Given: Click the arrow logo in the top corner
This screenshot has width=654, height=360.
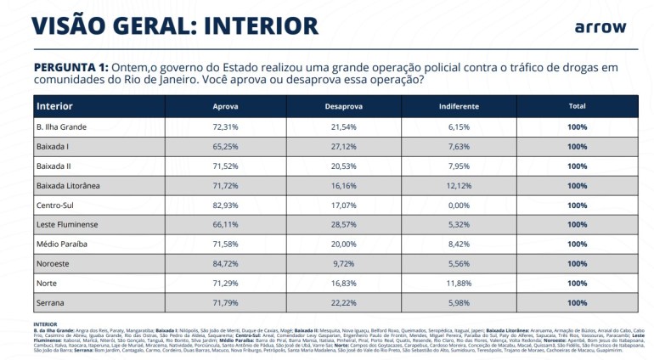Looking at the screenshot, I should (600, 27).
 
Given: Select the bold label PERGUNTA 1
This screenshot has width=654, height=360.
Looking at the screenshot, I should (71, 67).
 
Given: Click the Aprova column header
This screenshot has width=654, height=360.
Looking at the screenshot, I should (225, 107).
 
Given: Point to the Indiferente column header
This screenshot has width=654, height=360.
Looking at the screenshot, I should (459, 107).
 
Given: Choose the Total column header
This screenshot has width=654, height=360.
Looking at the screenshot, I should (577, 107).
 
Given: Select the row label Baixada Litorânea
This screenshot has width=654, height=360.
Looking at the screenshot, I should (68, 185).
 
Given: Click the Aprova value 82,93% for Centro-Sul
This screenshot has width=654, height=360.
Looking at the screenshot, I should (225, 205).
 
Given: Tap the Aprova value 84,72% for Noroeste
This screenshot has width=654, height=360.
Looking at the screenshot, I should (225, 263).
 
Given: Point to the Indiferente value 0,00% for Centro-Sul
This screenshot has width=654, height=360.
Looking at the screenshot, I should (459, 205).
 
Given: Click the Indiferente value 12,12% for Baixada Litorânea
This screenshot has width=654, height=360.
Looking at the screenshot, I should (459, 185).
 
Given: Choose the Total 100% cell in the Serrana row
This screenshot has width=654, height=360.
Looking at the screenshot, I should (577, 302).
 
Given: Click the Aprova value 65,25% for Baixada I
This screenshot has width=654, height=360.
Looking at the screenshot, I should (225, 146).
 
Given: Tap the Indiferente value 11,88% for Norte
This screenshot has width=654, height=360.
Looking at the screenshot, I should (459, 283).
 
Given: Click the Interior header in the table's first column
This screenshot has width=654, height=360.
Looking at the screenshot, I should (54, 106).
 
